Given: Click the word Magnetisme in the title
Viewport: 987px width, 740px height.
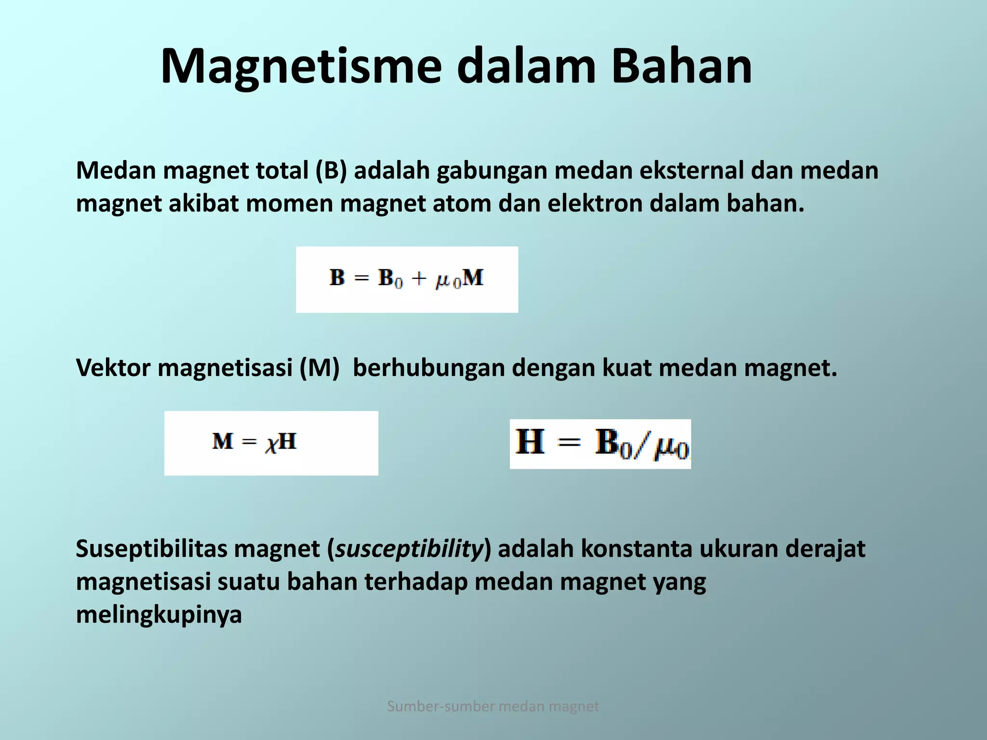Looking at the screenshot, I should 301,67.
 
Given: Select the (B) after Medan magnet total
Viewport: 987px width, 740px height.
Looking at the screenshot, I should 331,171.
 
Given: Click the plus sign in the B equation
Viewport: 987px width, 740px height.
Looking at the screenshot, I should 419,278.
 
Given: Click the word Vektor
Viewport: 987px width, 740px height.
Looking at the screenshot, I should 113,368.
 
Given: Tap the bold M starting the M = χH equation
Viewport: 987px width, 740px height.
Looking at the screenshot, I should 222,441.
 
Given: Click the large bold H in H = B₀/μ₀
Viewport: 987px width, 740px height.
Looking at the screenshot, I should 530,442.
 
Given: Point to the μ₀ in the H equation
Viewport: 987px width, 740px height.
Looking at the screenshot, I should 671,447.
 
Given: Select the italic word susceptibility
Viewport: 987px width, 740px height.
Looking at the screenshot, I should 409,549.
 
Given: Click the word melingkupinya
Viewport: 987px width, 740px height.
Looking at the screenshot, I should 159,615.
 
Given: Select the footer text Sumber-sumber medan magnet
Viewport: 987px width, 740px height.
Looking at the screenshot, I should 493,706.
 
